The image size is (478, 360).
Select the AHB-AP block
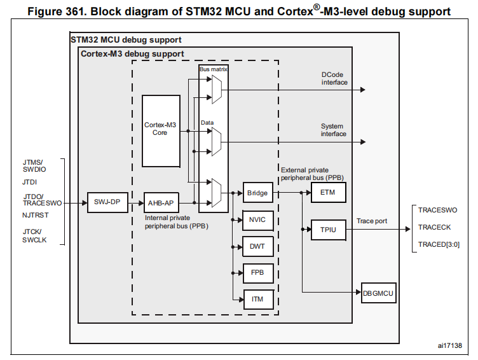pos(161,203)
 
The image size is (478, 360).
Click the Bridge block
pos(257,193)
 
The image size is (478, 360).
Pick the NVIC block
pos(257,221)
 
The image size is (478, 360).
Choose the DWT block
pos(257,247)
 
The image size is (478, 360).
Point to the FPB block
pos(257,273)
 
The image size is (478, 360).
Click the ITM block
pos(257,299)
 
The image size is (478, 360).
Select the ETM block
pos(328,193)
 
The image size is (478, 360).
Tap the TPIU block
pos(328,228)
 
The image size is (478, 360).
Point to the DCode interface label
pos(334,78)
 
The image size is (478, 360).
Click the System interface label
pos(334,130)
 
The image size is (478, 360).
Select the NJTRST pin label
pos(35,216)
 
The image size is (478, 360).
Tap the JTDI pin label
pos(30,181)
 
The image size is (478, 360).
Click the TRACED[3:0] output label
pos(439,245)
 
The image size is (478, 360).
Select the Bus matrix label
pos(213,69)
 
